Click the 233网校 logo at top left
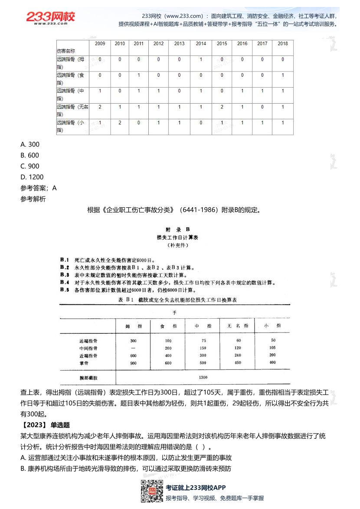tap(50, 18)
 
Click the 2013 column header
tap(179, 44)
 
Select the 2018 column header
tap(283, 44)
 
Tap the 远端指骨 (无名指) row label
tap(72, 110)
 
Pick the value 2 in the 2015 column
tap(222, 107)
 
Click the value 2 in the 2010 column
tap(120, 123)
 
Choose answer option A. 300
tap(30, 144)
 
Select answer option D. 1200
tap(32, 177)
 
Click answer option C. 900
tap(30, 166)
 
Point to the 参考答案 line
tap(38, 188)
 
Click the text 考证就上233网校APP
tap(196, 488)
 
